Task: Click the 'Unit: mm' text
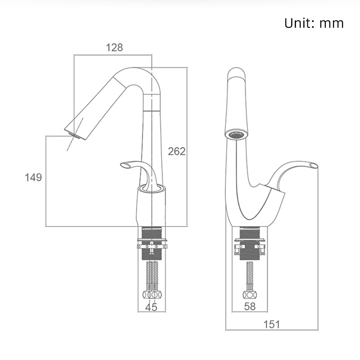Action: [x=314, y=23]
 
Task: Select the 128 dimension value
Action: [x=114, y=47]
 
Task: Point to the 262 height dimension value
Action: [x=176, y=151]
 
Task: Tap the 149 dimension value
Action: [x=33, y=177]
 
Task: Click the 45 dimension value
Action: [x=152, y=307]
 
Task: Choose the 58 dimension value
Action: [x=249, y=307]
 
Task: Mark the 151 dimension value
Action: [x=271, y=324]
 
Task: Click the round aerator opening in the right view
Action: [x=236, y=134]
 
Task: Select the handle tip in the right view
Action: [x=314, y=166]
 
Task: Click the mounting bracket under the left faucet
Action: [x=152, y=246]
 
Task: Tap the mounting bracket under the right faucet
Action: [x=250, y=246]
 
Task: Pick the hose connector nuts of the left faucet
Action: [x=152, y=295]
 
